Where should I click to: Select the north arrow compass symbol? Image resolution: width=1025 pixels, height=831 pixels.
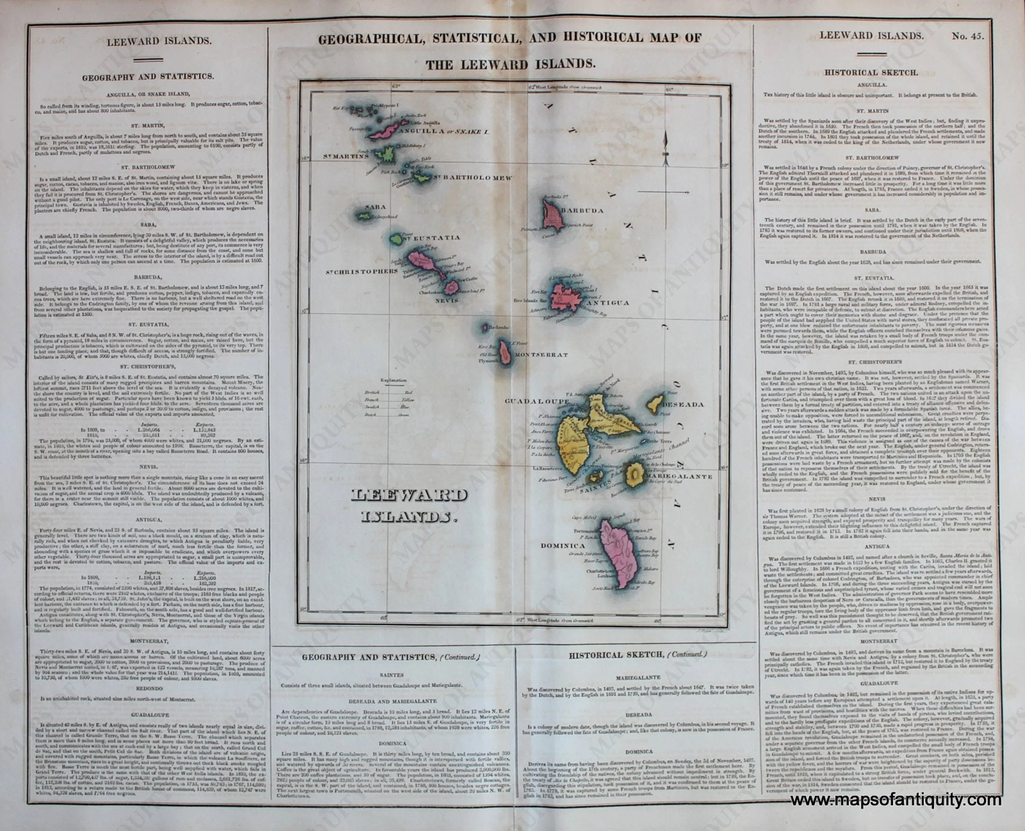[665, 149]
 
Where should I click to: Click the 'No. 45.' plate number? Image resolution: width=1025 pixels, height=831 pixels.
[968, 36]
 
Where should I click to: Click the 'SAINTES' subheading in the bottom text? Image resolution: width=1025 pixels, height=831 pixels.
[392, 675]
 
